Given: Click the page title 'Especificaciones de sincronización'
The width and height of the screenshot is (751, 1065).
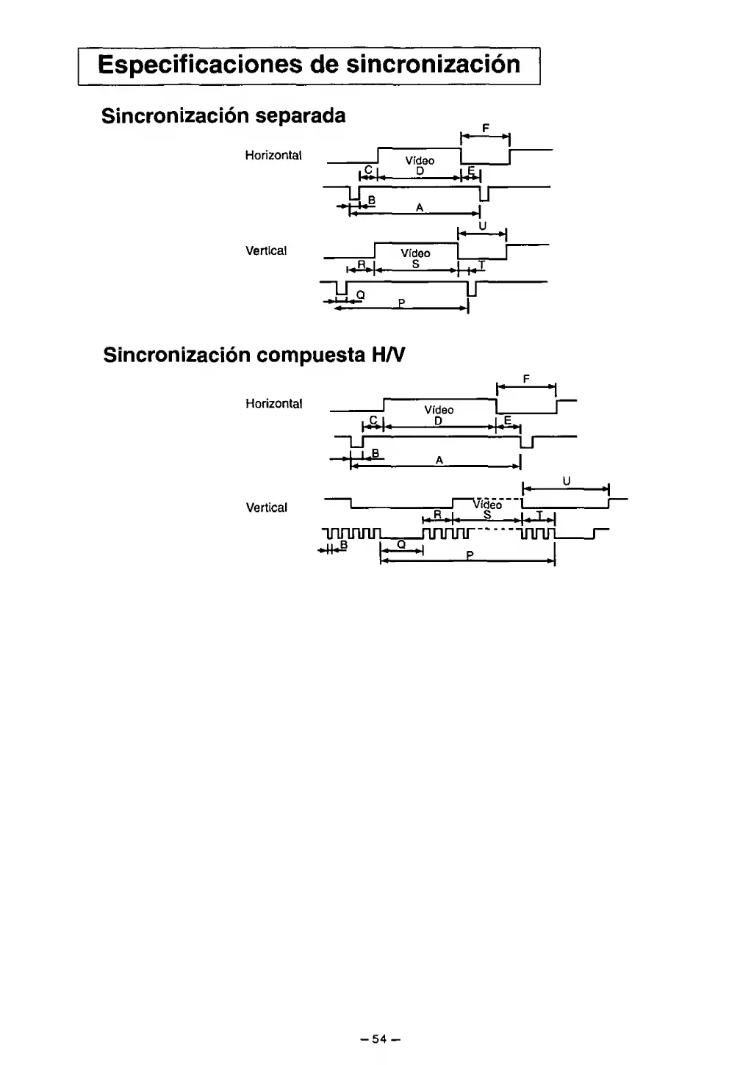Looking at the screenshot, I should pyautogui.click(x=309, y=65).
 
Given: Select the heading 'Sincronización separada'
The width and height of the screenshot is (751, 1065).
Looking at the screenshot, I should pyautogui.click(x=223, y=116).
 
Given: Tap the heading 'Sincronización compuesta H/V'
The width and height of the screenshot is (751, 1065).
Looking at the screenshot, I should pyautogui.click(x=254, y=355).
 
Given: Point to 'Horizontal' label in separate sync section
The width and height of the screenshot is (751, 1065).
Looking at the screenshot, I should pyautogui.click(x=273, y=156).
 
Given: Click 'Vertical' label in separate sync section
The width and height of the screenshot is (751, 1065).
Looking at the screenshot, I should pyautogui.click(x=265, y=251).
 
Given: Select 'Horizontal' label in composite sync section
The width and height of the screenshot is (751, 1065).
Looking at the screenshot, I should pyautogui.click(x=273, y=404).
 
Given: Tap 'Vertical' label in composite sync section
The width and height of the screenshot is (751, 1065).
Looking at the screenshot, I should pyautogui.click(x=266, y=508).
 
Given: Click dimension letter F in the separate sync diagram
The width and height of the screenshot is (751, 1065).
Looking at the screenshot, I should pyautogui.click(x=486, y=129).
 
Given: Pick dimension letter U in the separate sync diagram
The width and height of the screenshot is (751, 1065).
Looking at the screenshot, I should pyautogui.click(x=482, y=226).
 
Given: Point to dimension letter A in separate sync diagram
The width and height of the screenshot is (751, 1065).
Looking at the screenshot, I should pyautogui.click(x=419, y=208).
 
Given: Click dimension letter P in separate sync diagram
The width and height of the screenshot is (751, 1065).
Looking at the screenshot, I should pyautogui.click(x=401, y=303).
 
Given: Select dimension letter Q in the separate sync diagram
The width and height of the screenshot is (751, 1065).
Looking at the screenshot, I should pyautogui.click(x=359, y=295).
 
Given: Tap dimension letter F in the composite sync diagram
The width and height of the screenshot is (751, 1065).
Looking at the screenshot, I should pyautogui.click(x=526, y=379).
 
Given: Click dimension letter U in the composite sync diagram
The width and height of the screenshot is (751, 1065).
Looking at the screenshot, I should pyautogui.click(x=566, y=482).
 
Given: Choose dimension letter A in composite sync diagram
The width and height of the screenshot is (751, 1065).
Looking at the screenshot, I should pyautogui.click(x=439, y=460).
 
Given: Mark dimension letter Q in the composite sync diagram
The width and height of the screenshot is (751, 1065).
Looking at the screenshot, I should pyautogui.click(x=401, y=545).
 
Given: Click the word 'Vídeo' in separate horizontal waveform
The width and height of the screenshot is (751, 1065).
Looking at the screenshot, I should pyautogui.click(x=420, y=161).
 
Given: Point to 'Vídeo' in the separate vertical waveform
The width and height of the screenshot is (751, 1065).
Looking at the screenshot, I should pyautogui.click(x=415, y=253).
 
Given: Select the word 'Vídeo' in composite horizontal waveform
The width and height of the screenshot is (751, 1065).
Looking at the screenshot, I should pyautogui.click(x=439, y=410).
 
